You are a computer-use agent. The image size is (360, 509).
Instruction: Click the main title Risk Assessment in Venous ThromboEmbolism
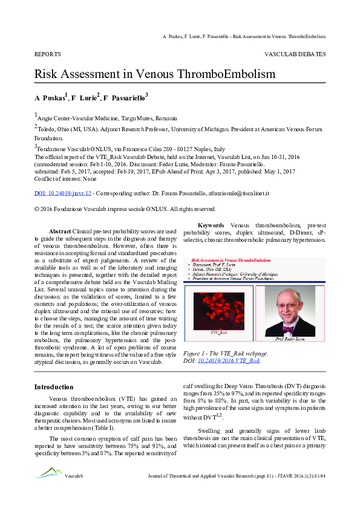[x=154, y=74]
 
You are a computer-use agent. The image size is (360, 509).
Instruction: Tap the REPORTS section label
[x=48, y=54]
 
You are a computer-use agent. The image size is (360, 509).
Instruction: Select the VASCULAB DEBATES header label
[x=295, y=54]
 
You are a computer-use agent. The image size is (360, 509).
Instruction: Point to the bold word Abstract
[x=59, y=232]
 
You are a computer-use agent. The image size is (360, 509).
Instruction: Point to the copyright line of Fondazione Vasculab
[x=125, y=209]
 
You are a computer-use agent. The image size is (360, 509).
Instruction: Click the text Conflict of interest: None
[x=65, y=178]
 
